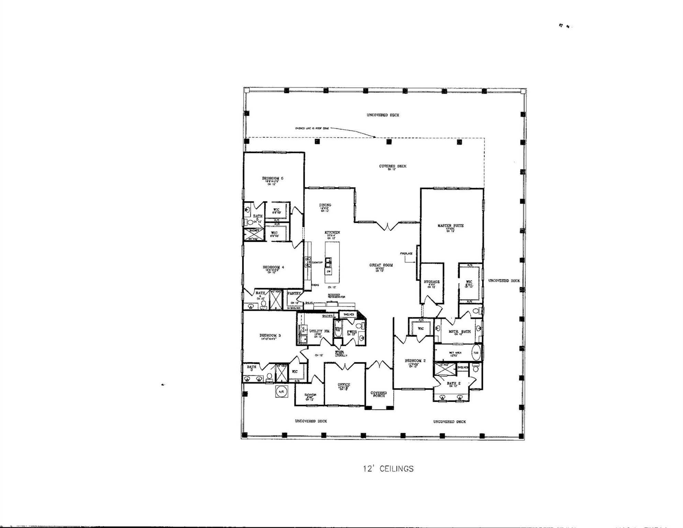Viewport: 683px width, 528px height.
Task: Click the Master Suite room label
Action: pos(450,225)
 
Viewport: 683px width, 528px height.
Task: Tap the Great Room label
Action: pos(381,265)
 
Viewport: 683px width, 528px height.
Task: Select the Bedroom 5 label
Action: pos(272,178)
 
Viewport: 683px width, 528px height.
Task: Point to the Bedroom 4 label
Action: pos(273,267)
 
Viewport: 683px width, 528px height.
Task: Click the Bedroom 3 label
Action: pos(270,335)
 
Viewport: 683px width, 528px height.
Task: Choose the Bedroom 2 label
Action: pos(415,361)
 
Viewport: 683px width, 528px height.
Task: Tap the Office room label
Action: pos(344,385)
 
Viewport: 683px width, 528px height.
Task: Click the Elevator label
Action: pos(310,395)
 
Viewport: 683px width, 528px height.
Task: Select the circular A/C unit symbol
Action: pos(281,392)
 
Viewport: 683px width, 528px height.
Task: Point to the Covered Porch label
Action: pos(378,394)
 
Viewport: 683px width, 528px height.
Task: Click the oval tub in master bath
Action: pos(476,353)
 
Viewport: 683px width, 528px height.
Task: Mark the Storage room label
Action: pos(432,282)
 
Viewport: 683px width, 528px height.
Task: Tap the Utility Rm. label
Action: pos(320,331)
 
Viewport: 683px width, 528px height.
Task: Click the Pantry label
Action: pos(294,294)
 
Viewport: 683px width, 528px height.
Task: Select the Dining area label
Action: pos(325,205)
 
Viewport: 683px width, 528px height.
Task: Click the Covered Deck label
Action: pos(393,166)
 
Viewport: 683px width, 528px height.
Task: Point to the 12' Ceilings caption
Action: pos(388,469)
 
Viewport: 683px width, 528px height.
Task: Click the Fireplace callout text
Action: pos(406,253)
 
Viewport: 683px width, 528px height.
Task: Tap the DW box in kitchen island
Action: pos(329,272)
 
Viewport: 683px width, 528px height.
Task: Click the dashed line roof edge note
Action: pos(312,128)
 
